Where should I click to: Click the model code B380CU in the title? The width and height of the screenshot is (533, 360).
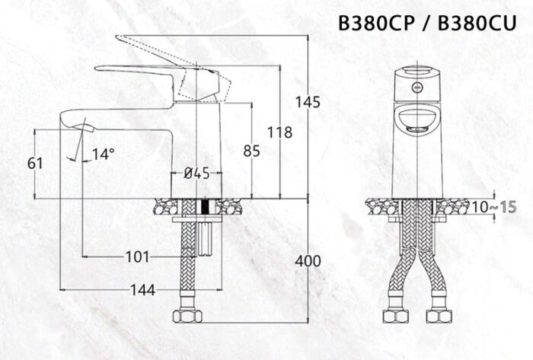point(478,22)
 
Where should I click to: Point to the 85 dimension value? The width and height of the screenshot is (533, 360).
point(251,151)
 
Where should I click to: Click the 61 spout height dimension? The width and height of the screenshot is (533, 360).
point(35,162)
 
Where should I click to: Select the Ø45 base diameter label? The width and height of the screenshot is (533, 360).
point(196,174)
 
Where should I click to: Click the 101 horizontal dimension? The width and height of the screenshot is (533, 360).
point(137,256)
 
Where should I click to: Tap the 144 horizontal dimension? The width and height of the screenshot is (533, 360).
point(142,289)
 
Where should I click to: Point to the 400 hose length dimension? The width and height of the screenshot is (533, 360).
point(308,261)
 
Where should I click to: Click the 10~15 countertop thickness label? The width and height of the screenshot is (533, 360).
point(488,208)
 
